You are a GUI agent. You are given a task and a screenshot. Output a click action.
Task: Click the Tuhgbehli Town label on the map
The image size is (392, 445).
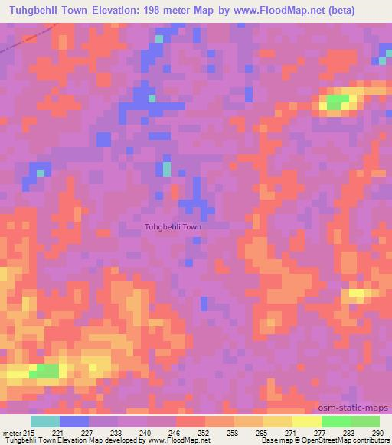[x=173, y=227]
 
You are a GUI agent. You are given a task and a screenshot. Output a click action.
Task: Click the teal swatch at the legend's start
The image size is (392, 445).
[x=45, y=421]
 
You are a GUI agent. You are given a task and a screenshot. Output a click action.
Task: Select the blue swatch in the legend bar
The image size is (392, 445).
[x=74, y=421]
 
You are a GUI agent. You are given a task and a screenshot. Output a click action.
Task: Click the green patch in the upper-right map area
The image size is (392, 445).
[x=337, y=101]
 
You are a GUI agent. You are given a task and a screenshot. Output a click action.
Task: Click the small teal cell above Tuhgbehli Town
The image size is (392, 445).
[x=166, y=169]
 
